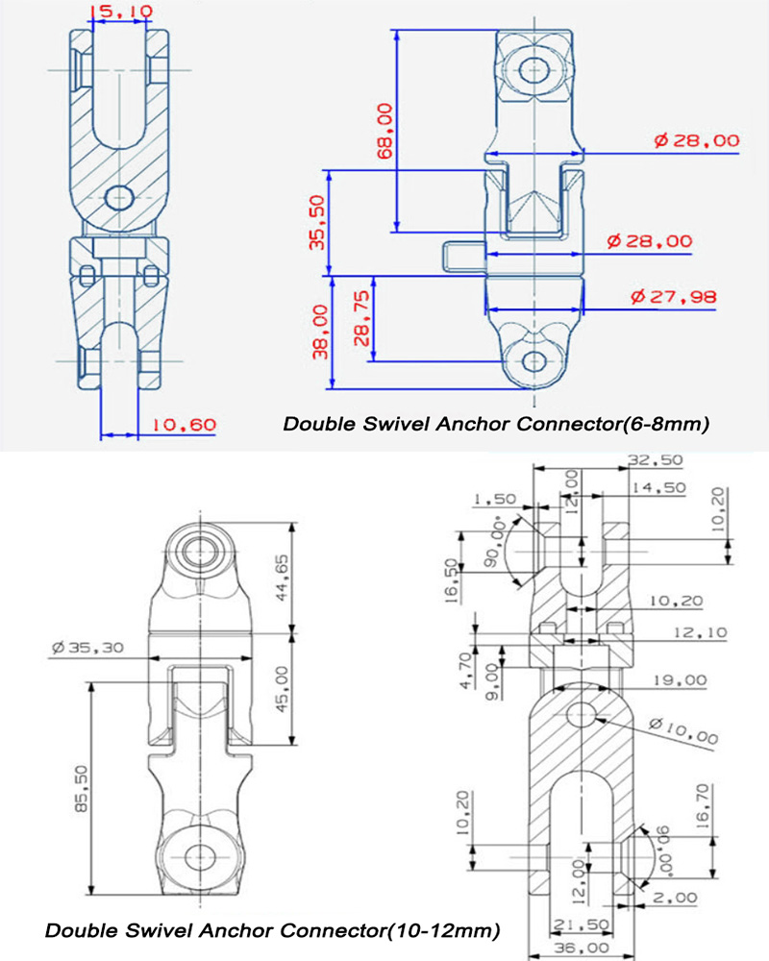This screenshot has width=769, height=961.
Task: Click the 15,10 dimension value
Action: click(118, 12)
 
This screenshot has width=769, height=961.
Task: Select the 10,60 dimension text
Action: click(184, 424)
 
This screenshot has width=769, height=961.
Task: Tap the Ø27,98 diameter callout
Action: click(674, 297)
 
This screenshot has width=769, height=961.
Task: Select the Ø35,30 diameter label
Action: click(87, 648)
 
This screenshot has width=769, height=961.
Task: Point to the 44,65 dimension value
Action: click(307, 577)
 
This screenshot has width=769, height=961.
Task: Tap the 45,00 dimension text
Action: click(307, 688)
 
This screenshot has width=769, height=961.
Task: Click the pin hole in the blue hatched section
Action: click(118, 197)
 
